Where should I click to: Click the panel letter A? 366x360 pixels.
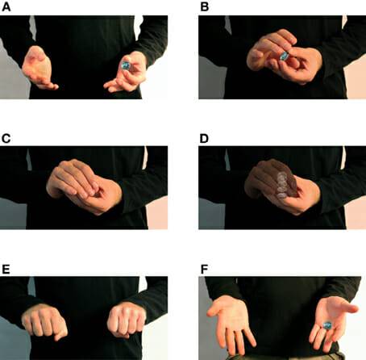point(6,6)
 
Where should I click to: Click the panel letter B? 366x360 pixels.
point(205,6)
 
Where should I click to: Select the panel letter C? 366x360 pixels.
point(6,138)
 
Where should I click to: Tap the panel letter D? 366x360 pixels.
point(204,138)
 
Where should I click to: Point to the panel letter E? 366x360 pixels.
point(6,270)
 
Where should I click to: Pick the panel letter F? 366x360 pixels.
point(204,270)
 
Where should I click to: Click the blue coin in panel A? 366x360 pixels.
point(126,65)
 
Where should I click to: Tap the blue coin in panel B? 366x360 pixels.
point(284,57)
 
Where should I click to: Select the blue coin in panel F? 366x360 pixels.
point(327,325)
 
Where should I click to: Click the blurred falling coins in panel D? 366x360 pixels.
point(282,186)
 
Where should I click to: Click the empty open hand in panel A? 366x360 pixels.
point(39,68)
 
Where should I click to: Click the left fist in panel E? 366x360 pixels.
point(44,321)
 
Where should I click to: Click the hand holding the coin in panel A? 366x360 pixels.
point(127,73)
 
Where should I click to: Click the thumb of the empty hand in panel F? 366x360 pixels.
point(215,309)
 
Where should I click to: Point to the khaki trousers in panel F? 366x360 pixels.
point(285,356)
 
